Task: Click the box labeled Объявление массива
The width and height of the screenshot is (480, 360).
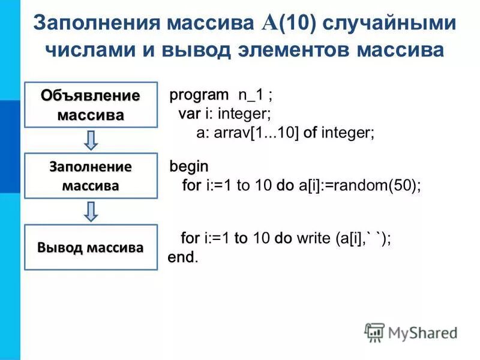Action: (91, 104)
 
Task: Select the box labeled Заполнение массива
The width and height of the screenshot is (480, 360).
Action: (91, 175)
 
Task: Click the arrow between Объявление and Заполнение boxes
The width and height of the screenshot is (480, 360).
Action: (91, 140)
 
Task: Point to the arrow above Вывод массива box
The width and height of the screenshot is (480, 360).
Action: (91, 211)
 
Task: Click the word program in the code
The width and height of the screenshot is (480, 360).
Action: (199, 95)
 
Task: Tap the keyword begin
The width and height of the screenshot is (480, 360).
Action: (189, 166)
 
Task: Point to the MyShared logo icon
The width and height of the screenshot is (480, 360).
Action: (374, 332)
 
